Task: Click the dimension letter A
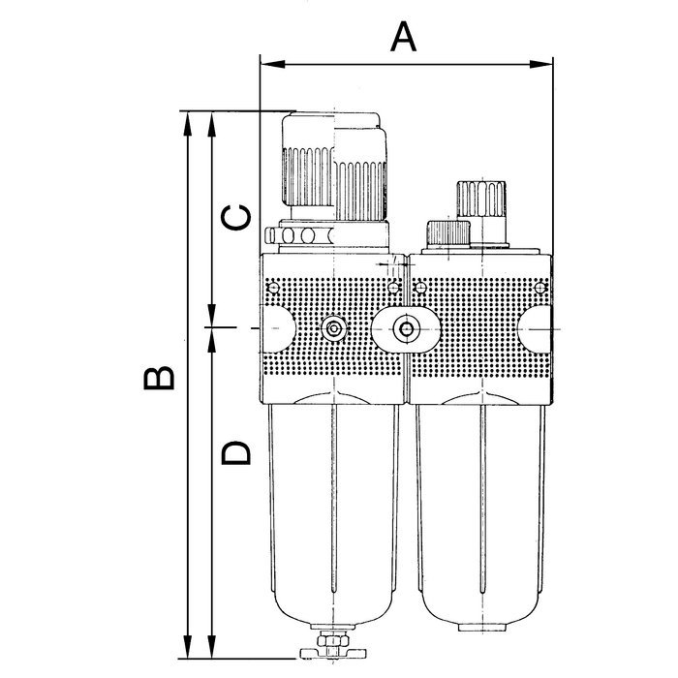pos(403,37)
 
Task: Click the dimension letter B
pos(159,378)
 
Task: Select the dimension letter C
pos(235,217)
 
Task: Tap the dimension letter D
pos(235,452)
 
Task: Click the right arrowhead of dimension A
pos(540,65)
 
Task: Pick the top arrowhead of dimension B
pos(187,124)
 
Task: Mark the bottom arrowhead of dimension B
pos(187,646)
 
